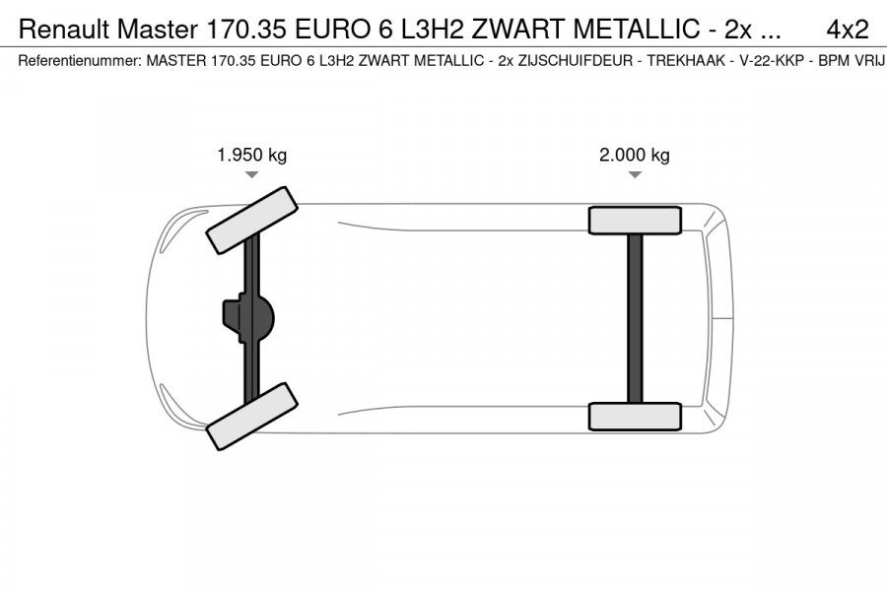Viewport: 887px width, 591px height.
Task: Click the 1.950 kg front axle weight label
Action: tap(252, 155)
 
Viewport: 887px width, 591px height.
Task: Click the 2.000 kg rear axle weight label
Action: tap(635, 155)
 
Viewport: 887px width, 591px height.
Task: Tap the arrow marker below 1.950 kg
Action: tap(252, 174)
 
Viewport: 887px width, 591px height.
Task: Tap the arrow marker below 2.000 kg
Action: tap(635, 174)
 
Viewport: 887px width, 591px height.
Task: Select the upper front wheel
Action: tap(251, 218)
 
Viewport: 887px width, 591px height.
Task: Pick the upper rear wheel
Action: tap(635, 220)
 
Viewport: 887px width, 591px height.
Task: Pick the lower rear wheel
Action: tap(635, 417)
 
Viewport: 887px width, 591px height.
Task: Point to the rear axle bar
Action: tap(635, 318)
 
